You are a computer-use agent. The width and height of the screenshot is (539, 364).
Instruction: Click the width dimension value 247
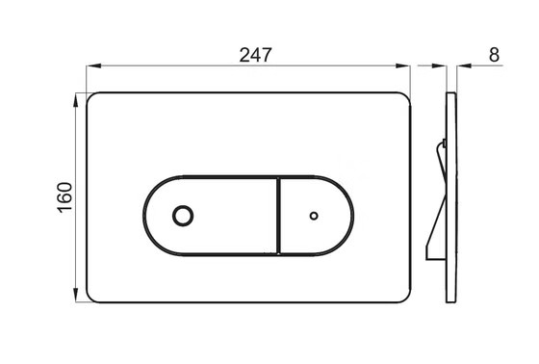[253, 55]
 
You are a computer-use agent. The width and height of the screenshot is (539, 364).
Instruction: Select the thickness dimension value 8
[495, 55]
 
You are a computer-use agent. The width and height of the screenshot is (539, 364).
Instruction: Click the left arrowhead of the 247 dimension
[93, 66]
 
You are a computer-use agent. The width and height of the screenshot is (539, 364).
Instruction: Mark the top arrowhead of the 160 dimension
[76, 98]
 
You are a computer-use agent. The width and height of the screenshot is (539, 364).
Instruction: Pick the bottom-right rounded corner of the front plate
[407, 298]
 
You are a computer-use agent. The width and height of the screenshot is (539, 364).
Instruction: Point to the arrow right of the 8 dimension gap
[462, 66]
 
